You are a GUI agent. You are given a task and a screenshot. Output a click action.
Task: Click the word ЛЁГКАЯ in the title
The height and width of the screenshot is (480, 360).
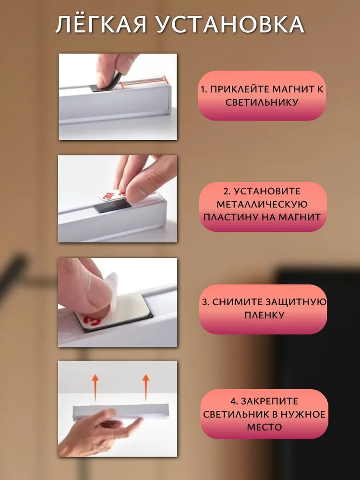101,24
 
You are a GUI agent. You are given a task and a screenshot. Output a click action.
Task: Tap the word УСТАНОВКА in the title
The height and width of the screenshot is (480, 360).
230,24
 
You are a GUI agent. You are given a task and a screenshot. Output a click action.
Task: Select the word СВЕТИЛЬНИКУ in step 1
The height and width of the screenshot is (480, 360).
262,102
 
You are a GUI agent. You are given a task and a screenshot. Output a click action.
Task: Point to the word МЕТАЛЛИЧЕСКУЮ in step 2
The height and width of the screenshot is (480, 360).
262,204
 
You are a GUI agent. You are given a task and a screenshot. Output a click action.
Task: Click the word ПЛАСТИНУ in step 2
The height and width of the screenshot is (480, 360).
231,217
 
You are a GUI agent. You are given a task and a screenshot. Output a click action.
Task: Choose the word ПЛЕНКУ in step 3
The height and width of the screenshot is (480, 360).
264,315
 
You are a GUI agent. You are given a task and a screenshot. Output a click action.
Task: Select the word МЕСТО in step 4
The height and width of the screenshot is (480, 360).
264,427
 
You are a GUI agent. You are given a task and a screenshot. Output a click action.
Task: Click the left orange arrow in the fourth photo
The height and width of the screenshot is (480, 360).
96,387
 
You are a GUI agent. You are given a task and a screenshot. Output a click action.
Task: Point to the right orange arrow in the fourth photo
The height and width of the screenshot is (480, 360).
146,387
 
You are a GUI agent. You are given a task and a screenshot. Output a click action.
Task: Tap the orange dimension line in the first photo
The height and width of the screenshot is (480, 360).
143,81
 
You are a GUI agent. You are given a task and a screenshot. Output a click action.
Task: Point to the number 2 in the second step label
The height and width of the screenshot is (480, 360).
226,192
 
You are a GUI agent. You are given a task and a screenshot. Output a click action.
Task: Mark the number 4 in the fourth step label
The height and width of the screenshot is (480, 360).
233,401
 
